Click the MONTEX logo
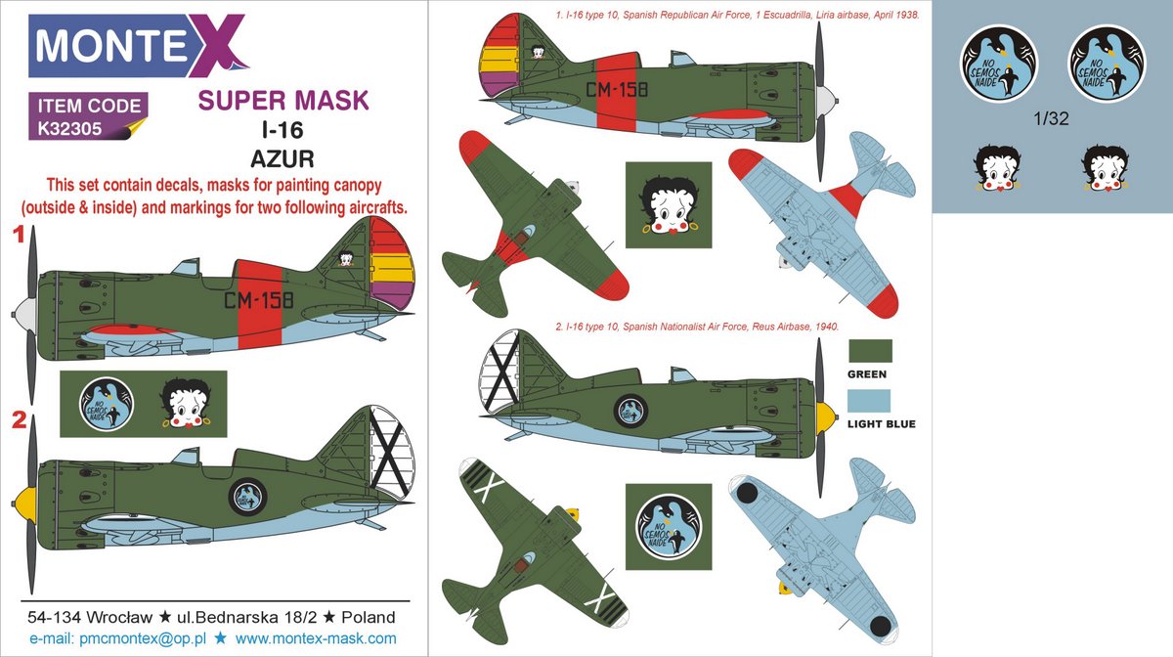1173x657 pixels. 138,45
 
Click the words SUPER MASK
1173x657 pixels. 283,100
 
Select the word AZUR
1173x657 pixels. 282,158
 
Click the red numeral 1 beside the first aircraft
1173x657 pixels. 20,235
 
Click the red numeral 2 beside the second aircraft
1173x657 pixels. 20,419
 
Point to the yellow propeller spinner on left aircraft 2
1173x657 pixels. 24,503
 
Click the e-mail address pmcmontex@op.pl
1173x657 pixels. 143,639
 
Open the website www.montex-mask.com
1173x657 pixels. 316,638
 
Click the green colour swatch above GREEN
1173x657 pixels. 870,351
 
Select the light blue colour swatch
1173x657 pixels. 869,401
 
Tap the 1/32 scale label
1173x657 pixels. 1051,119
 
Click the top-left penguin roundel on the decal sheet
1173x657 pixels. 999,64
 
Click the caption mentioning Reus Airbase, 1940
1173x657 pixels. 697,327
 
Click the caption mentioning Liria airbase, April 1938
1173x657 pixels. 737,16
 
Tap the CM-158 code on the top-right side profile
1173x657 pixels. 617,90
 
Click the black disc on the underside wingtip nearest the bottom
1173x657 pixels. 881,627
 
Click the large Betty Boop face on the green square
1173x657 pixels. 669,205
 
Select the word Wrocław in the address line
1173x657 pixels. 119,617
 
